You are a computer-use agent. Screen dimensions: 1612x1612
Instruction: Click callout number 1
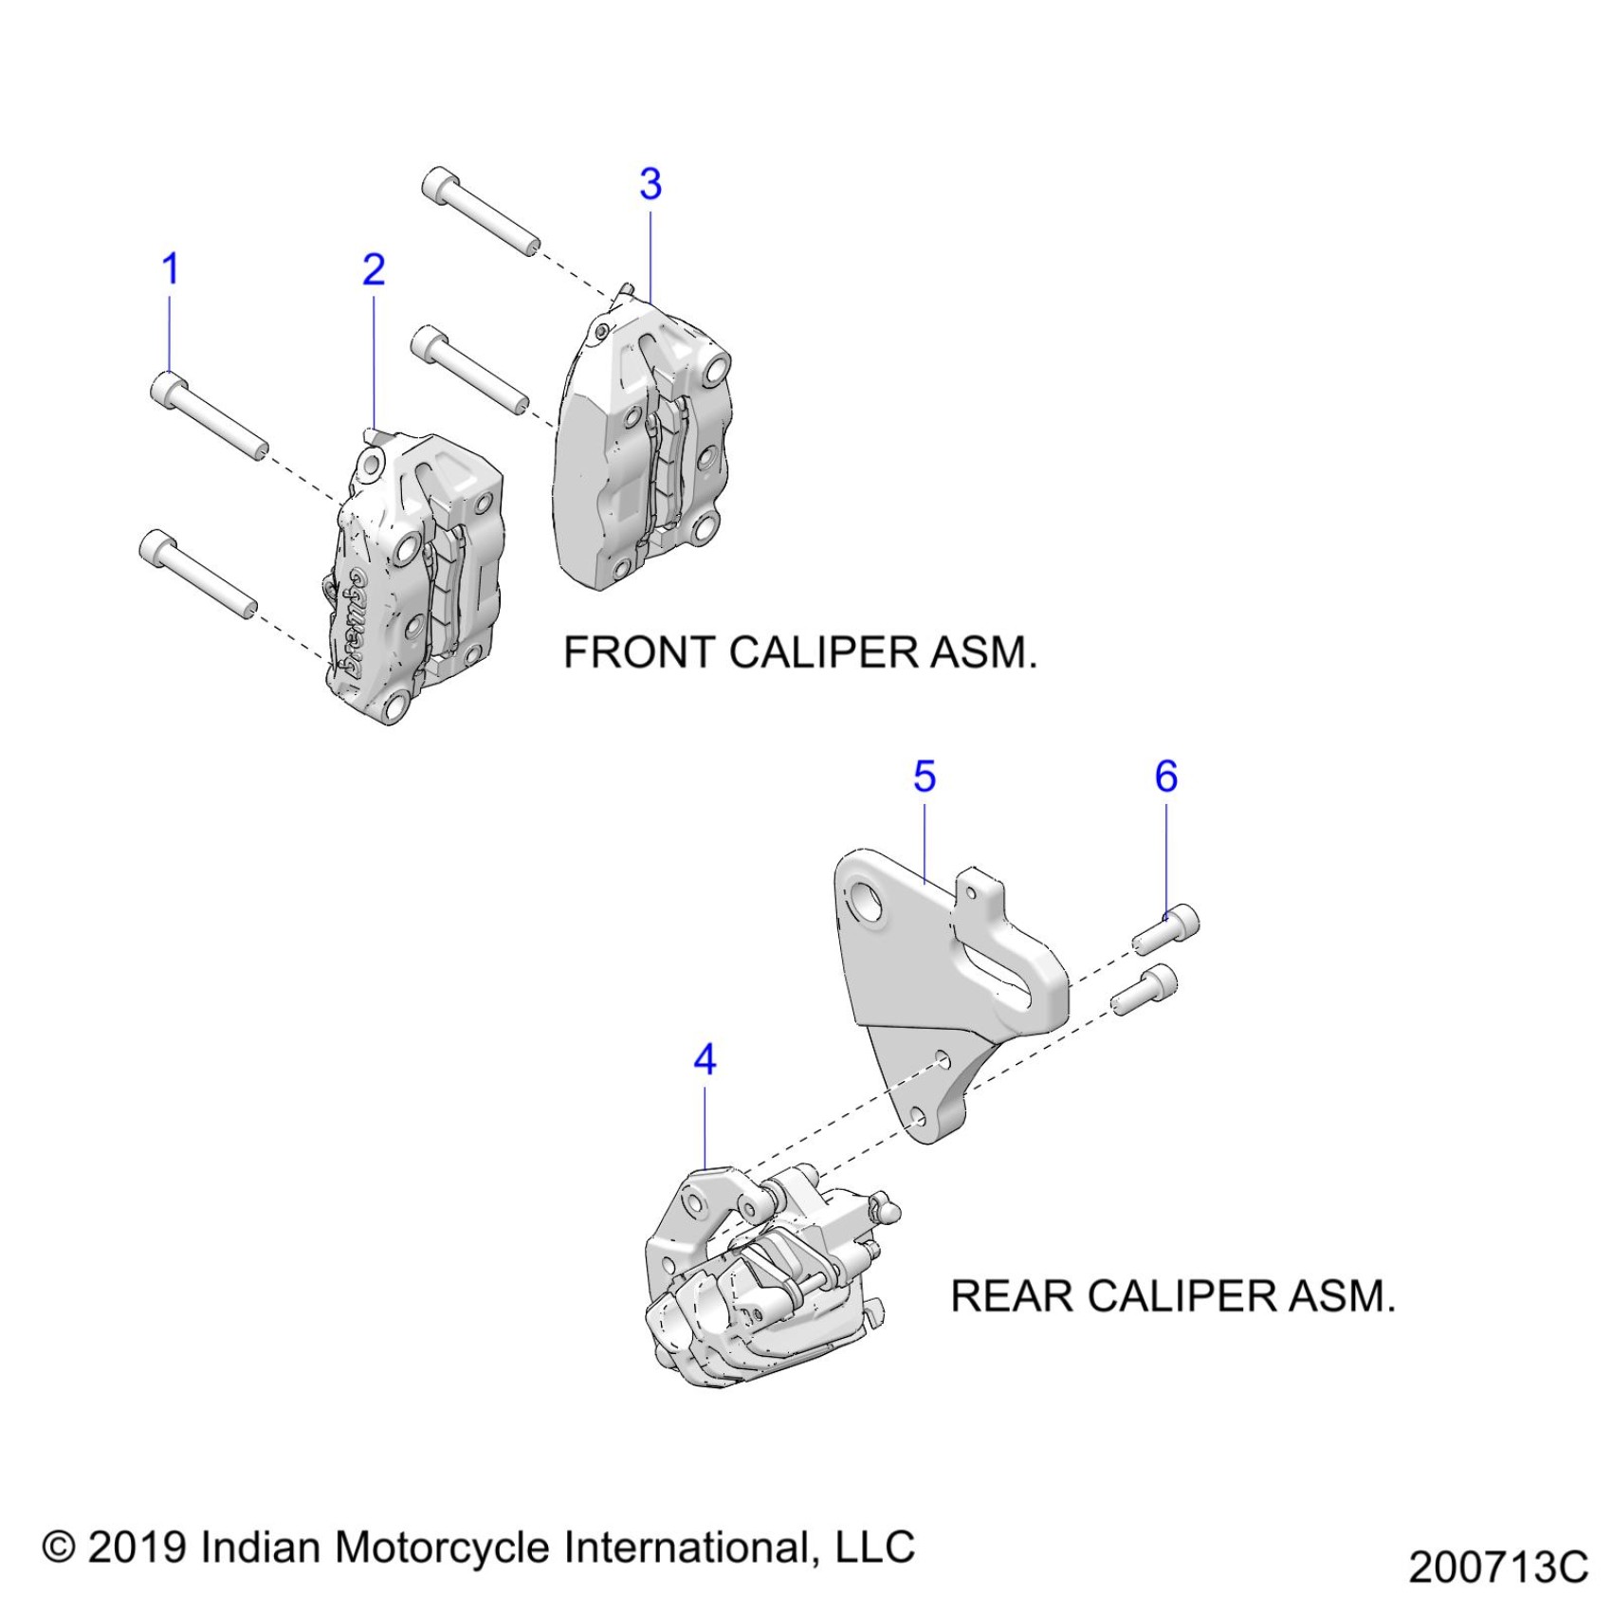pos(171,269)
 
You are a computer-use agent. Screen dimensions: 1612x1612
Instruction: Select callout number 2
pos(374,270)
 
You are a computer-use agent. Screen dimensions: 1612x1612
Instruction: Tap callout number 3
pos(650,184)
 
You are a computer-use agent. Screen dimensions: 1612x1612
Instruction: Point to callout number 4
pos(705,1059)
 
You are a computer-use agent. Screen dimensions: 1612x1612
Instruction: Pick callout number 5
pos(925,777)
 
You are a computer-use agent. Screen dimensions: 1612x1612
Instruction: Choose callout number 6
pos(1166,777)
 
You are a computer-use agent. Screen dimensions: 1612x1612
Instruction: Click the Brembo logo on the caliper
pos(349,621)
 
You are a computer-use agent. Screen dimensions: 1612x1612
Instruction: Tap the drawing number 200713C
pos(1497,1566)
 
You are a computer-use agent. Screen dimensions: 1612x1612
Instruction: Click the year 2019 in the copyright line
pos(138,1547)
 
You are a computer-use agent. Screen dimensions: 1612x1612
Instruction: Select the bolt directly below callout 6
pos(1166,930)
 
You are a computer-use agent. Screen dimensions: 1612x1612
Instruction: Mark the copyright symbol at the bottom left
pos(59,1548)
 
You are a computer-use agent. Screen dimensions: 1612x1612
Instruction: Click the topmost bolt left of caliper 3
pos(480,211)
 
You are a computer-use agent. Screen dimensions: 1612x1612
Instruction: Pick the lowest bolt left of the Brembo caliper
pos(197,574)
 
